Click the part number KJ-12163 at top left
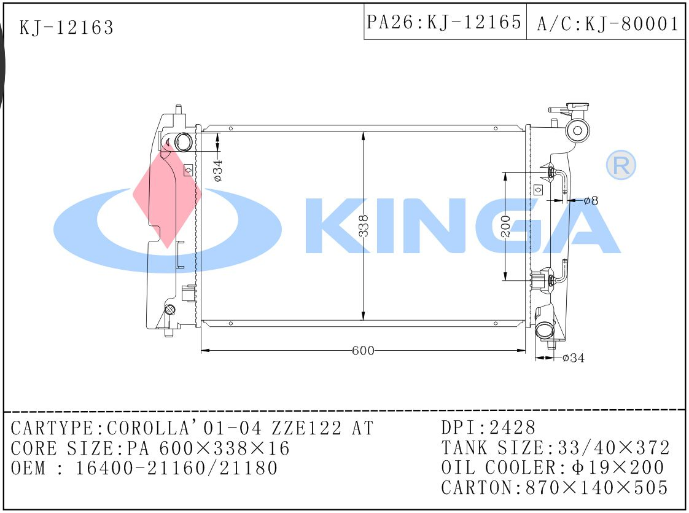point(66,28)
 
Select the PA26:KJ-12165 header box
point(445,22)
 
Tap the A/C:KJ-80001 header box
point(606,22)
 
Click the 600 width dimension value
point(363,350)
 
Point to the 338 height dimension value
point(364,226)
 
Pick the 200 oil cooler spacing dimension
point(505,226)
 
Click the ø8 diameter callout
point(591,201)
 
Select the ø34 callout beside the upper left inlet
point(218,171)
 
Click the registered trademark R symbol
point(621,165)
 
